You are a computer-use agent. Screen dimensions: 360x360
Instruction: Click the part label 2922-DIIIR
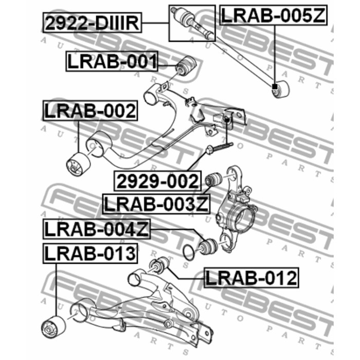[x=92, y=24]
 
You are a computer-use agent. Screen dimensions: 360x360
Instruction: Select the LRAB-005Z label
[x=273, y=15]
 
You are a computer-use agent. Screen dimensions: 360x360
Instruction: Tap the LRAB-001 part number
[x=112, y=62]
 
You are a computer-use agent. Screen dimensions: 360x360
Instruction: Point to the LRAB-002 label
[x=90, y=111]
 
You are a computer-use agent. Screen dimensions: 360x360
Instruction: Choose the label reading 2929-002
[x=157, y=181]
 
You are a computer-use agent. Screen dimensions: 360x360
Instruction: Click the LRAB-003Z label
[x=156, y=203]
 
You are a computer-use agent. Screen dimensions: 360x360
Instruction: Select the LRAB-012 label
[x=251, y=278]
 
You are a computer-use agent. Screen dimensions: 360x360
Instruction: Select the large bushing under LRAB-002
[x=79, y=164]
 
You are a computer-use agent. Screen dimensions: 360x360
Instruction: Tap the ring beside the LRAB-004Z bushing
[x=190, y=251]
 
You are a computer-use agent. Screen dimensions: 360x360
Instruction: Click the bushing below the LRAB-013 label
[x=53, y=325]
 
